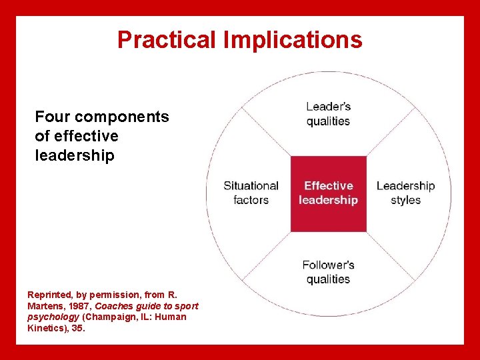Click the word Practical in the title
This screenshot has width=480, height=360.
[167, 40]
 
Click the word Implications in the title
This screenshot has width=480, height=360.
[293, 40]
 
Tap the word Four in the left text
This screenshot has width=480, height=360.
[53, 117]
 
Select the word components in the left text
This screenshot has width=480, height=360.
[122, 117]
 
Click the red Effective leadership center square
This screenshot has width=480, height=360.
[328, 193]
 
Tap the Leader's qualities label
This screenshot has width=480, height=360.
[328, 113]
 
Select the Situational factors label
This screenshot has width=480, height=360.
[251, 193]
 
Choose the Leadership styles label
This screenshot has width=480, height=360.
[405, 193]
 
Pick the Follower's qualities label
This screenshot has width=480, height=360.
[328, 272]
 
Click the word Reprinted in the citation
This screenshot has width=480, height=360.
[49, 293]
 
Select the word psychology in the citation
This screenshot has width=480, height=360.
[53, 317]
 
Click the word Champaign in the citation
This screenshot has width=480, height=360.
[108, 317]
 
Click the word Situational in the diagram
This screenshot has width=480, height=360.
[251, 186]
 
